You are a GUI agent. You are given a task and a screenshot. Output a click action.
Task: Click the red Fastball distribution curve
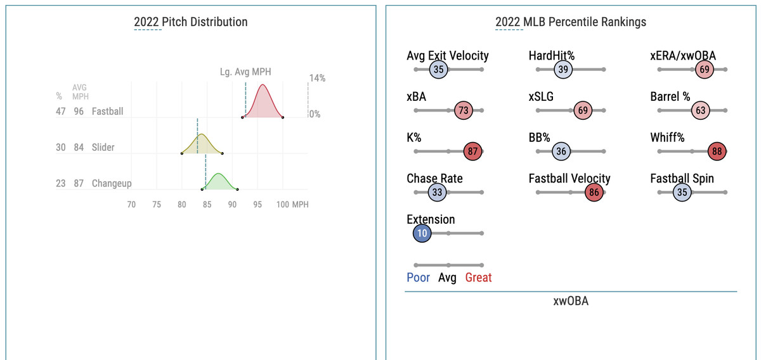[x=263, y=105]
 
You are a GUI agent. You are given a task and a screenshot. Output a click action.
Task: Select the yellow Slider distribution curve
[x=201, y=145]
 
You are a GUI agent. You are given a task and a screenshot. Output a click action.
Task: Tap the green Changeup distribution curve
[x=219, y=182]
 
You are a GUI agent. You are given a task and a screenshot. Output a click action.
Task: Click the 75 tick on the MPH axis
[x=156, y=205]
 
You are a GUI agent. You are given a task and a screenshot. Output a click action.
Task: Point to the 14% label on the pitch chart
[x=317, y=79]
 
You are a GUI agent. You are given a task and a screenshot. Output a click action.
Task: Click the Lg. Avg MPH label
[x=245, y=72]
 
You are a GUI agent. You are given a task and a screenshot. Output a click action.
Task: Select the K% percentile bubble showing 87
[x=472, y=152]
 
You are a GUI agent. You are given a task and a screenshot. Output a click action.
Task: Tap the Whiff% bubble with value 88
[x=717, y=152]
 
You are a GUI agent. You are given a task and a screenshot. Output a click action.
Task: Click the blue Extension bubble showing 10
[x=422, y=233]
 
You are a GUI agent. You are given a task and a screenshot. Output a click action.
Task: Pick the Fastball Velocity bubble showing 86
[x=594, y=193]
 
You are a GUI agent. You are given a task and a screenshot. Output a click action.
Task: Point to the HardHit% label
[x=552, y=56]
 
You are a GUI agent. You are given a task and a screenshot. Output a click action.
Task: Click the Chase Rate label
[x=434, y=178]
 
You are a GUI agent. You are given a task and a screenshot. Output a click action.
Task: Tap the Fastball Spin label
[x=682, y=178]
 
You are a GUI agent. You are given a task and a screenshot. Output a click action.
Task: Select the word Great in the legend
[x=478, y=278]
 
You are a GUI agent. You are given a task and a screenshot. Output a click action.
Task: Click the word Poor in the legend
[x=418, y=278]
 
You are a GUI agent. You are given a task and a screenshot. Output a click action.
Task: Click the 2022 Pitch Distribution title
[x=190, y=22]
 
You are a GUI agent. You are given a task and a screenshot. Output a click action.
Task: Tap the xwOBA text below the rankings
[x=571, y=301]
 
